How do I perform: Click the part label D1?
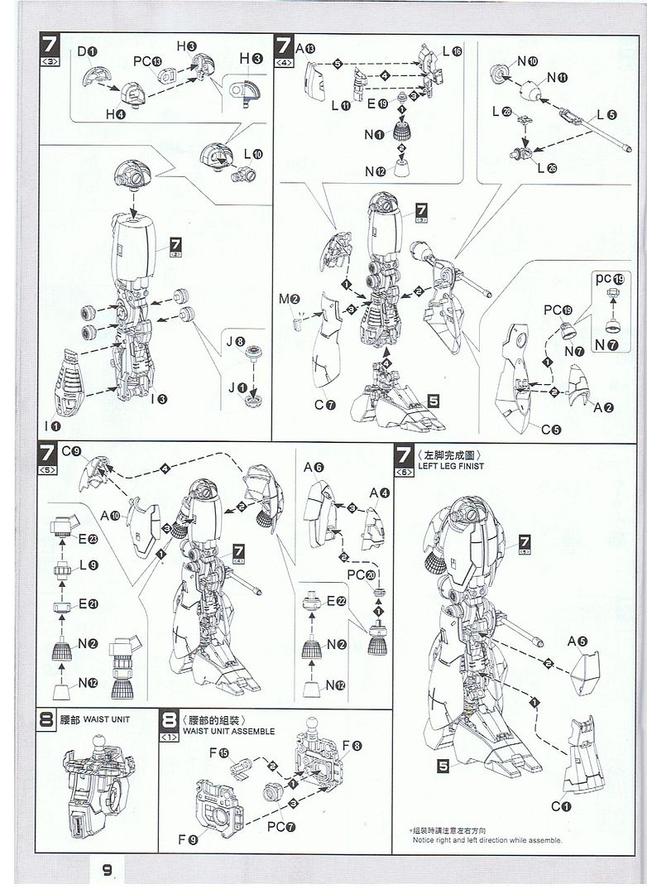point(89,53)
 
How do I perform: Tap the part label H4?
point(116,114)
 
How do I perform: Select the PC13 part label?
point(147,62)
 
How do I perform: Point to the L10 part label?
point(252,155)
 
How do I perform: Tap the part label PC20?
point(358,574)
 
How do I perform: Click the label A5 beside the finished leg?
point(577,641)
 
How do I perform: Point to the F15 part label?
point(219,752)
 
